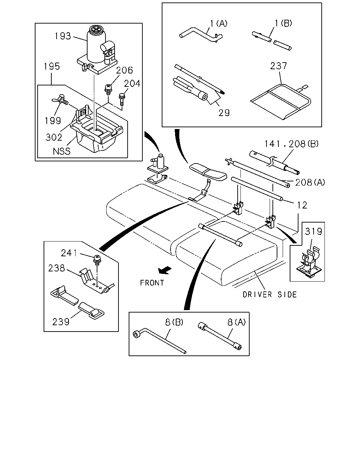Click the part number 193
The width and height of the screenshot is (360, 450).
click(x=63, y=36)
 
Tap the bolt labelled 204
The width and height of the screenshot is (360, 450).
click(x=121, y=99)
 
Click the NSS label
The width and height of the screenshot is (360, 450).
click(x=62, y=151)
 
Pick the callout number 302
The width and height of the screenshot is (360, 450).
click(x=54, y=137)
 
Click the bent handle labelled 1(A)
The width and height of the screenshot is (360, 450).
click(x=201, y=35)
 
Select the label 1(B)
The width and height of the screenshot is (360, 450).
click(x=283, y=23)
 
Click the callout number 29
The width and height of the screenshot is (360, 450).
click(x=224, y=113)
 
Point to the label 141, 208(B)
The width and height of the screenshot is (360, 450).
click(x=291, y=144)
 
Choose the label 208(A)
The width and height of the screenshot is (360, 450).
click(x=310, y=182)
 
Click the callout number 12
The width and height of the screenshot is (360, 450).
click(x=302, y=205)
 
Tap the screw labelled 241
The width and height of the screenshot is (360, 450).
click(x=97, y=259)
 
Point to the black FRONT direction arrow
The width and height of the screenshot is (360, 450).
click(x=165, y=270)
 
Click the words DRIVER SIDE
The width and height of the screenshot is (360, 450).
click(x=270, y=295)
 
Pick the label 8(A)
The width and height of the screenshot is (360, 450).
click(x=237, y=322)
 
